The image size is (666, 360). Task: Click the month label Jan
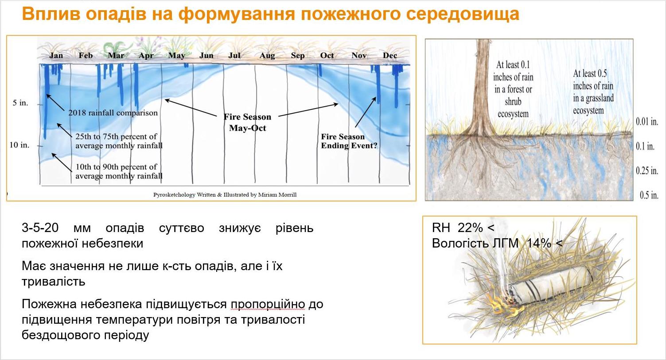click(56, 55)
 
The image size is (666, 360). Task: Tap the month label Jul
click(234, 55)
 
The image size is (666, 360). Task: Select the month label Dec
click(390, 55)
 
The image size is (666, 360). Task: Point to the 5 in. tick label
click(20, 103)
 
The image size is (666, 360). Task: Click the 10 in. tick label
click(19, 145)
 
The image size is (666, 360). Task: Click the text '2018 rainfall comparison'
click(113, 113)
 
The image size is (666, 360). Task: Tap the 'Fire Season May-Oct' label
click(247, 122)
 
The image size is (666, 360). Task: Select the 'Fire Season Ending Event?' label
click(349, 141)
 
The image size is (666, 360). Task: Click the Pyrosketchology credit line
click(225, 195)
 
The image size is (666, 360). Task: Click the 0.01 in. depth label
click(647, 121)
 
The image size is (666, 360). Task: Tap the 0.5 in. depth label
click(649, 195)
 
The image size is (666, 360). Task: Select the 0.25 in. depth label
click(647, 170)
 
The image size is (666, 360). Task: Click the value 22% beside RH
click(470, 228)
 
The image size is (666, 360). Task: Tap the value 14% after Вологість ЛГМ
click(539, 243)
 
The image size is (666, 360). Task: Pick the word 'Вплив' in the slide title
click(51, 14)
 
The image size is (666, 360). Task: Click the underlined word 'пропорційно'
click(268, 305)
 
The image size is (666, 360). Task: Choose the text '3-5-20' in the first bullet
click(40, 228)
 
